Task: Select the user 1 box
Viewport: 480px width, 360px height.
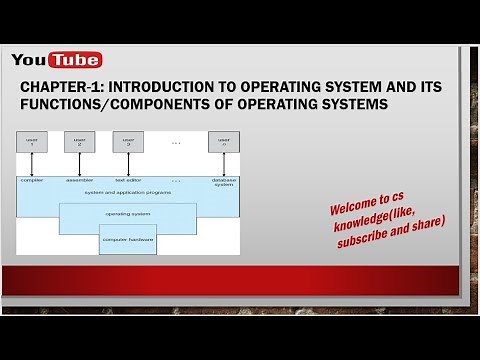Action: pos(33,143)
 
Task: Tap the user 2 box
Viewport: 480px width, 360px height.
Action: pos(79,143)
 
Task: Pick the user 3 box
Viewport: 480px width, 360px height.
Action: pos(127,143)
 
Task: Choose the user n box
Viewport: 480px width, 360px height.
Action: pos(223,143)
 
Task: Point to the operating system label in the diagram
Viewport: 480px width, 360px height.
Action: pos(128,214)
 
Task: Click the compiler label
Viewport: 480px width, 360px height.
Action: pos(32,180)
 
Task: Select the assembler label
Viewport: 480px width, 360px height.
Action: pos(79,180)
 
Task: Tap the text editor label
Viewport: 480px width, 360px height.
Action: pos(126,180)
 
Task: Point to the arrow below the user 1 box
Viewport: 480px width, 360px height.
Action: pos(33,164)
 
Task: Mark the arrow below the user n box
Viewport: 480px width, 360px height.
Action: pos(223,164)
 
